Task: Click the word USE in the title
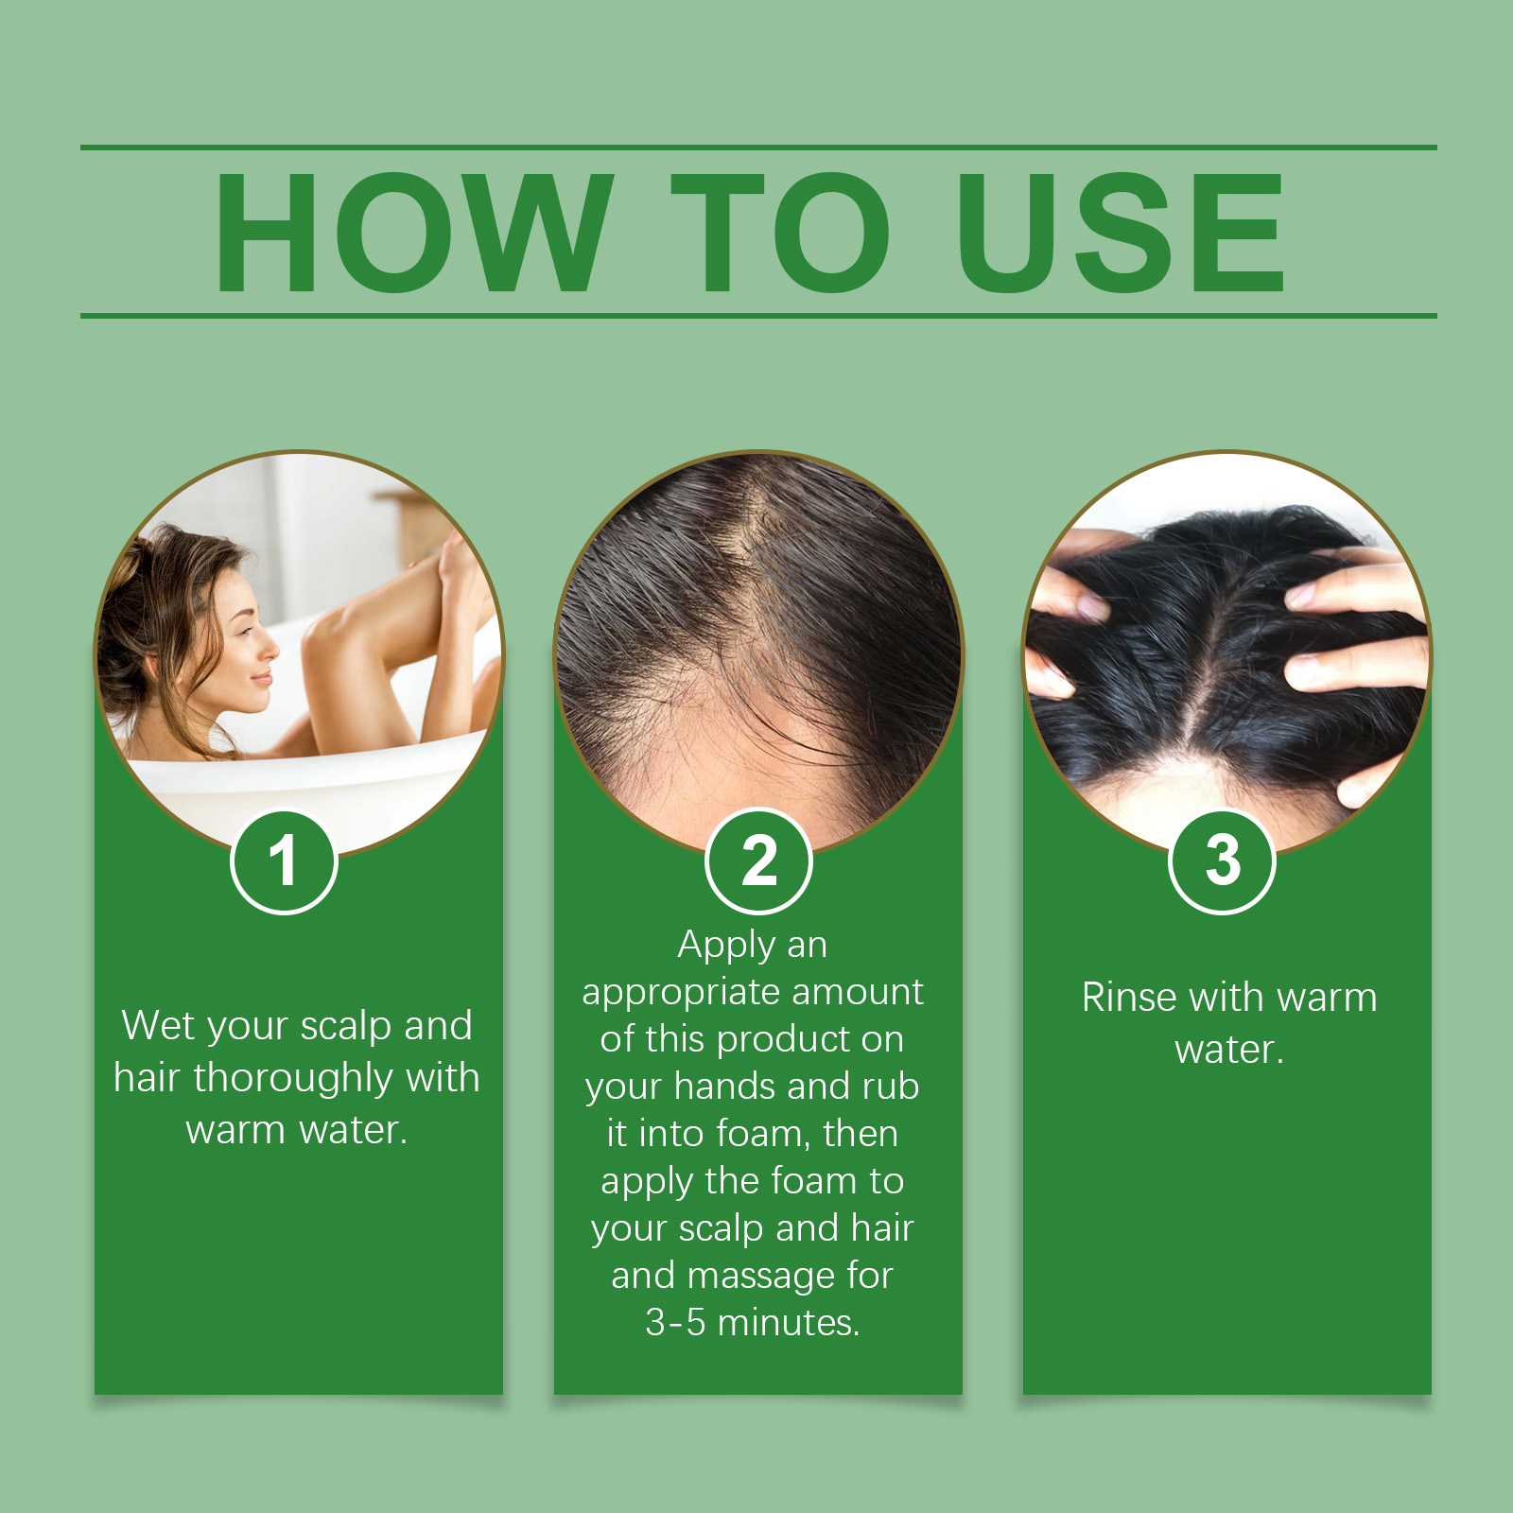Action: pyautogui.click(x=1121, y=233)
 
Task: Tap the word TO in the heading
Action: pyautogui.click(x=780, y=233)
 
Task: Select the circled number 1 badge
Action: pyautogui.click(x=284, y=861)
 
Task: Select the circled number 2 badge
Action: pyautogui.click(x=758, y=861)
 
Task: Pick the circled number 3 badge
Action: pyautogui.click(x=1223, y=861)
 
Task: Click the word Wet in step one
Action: pyautogui.click(x=156, y=1026)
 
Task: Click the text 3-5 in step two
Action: pyautogui.click(x=675, y=1323)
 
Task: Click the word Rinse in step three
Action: pyautogui.click(x=1124, y=998)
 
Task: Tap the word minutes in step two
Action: pyautogui.click(x=788, y=1323)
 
